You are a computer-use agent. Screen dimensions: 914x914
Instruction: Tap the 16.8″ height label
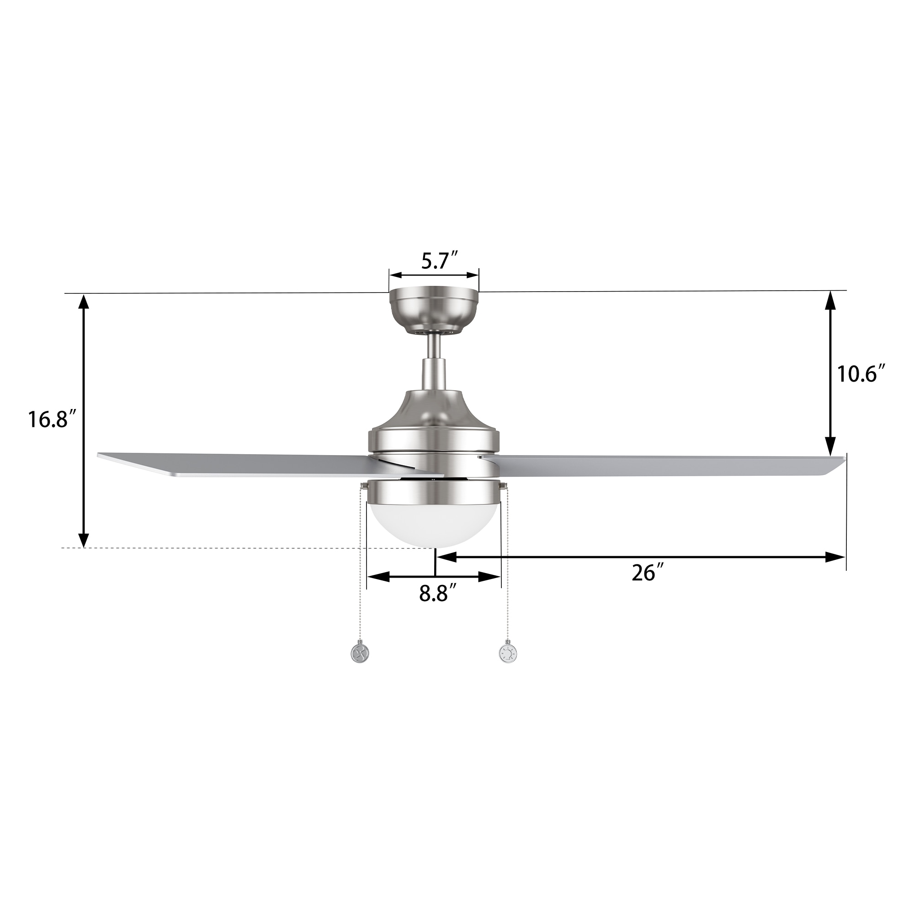(x=52, y=419)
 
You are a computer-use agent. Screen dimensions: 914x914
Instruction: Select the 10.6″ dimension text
(x=861, y=374)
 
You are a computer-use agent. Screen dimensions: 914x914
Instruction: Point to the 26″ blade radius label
(x=644, y=573)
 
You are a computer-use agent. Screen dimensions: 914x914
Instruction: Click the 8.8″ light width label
(x=438, y=593)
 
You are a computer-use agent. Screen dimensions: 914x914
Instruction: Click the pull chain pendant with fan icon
(x=360, y=654)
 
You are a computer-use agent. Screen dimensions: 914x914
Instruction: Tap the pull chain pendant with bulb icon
(x=508, y=654)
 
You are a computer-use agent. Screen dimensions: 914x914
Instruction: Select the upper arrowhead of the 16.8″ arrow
(x=84, y=302)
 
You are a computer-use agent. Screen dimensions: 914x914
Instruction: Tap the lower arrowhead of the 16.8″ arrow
(x=84, y=539)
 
